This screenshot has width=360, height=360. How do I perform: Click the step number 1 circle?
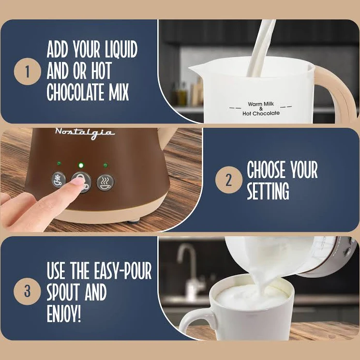tap(28, 72)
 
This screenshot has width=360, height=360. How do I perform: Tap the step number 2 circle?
tap(229, 180)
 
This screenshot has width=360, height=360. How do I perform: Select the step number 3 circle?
tap(27, 291)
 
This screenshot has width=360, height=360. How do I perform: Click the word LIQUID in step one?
tap(121, 49)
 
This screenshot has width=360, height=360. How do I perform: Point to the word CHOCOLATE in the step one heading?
tap(75, 92)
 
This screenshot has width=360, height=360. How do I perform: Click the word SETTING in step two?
tap(268, 191)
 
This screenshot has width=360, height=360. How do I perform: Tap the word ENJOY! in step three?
tap(64, 313)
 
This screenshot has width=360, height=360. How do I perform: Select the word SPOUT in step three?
tap(64, 292)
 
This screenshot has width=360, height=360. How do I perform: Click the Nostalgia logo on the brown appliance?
tap(85, 133)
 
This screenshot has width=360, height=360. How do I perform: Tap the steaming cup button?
tap(105, 182)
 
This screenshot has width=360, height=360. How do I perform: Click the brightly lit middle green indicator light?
tap(81, 165)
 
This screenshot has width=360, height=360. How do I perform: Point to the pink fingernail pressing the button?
tap(77, 181)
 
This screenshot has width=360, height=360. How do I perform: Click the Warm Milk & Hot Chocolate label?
tap(261, 108)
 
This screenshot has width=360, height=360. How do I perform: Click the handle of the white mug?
tap(195, 321)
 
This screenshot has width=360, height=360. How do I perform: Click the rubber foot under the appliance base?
tap(134, 222)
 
